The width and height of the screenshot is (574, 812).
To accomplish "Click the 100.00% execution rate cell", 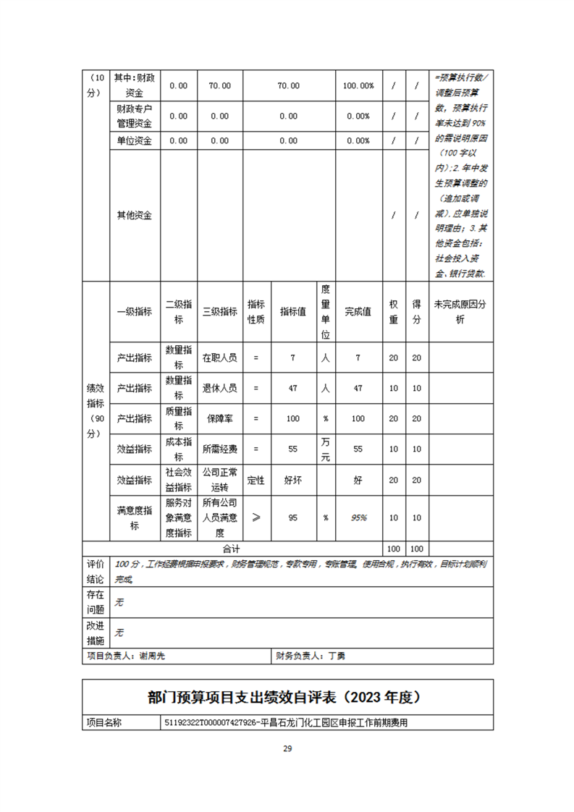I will [358, 85].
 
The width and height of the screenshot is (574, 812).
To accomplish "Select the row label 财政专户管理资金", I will [134, 116].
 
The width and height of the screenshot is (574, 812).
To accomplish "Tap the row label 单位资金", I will [134, 140].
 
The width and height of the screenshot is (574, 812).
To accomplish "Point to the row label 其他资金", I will [134, 215].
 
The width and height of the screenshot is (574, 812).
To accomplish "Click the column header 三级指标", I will [219, 311].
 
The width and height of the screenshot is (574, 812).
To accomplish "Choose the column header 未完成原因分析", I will [460, 311].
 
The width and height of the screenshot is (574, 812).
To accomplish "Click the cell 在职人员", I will [219, 357].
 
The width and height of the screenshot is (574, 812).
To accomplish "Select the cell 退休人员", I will [219, 388].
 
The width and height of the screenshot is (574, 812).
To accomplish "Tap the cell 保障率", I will [219, 418].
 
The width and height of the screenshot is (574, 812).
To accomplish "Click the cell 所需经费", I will [219, 449].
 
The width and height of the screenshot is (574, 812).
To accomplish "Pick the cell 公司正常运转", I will [219, 480].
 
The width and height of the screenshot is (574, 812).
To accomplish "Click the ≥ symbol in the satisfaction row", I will [256, 517].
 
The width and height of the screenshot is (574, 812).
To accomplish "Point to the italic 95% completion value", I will [358, 517].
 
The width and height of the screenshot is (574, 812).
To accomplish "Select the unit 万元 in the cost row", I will [325, 449].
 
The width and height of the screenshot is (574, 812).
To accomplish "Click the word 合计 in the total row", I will [231, 549].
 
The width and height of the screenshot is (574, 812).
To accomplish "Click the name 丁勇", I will [337, 656].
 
